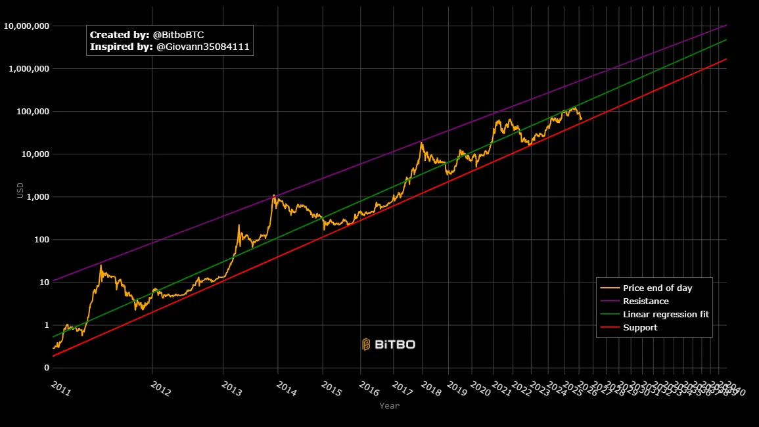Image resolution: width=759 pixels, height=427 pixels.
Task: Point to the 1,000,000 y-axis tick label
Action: click(27, 69)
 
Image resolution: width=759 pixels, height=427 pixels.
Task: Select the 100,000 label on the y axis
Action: click(30, 112)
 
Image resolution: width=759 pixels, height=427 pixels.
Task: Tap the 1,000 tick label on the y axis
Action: click(35, 197)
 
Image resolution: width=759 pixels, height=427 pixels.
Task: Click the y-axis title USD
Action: click(20, 191)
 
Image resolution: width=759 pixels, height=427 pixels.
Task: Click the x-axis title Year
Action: click(389, 406)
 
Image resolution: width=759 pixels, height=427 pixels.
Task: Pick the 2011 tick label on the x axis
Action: click(60, 389)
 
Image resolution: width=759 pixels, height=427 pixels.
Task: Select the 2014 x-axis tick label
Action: click(286, 389)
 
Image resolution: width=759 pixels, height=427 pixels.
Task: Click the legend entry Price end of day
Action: click(657, 288)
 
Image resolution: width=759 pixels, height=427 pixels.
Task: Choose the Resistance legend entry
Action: click(645, 301)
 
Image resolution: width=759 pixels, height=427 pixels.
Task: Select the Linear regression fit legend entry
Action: click(666, 314)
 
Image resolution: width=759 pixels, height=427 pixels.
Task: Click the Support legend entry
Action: click(640, 327)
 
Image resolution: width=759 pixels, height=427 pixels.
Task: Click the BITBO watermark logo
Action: click(388, 344)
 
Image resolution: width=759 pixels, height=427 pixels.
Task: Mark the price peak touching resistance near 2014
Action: click(273, 195)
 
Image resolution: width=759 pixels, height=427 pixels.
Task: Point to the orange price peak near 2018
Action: click(421, 143)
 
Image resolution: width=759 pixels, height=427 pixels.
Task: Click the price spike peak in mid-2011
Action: click(101, 265)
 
